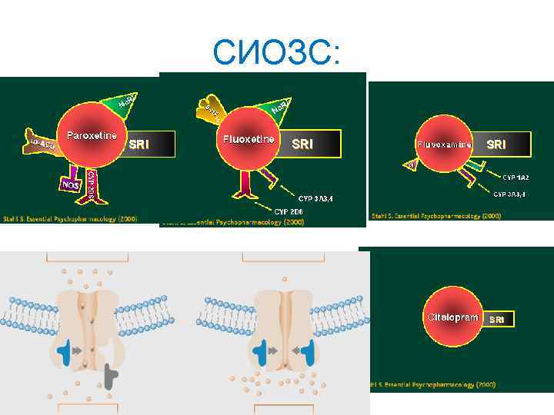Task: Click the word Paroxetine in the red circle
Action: click(x=92, y=136)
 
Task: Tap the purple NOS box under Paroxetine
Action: click(x=71, y=185)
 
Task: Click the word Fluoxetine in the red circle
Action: click(x=249, y=140)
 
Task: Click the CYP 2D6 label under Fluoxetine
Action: click(x=292, y=210)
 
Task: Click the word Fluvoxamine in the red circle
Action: click(x=444, y=144)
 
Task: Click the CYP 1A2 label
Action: click(x=515, y=178)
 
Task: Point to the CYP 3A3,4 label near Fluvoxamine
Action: click(x=509, y=194)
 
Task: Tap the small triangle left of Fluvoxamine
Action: click(x=412, y=164)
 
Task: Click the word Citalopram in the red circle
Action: click(x=454, y=317)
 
